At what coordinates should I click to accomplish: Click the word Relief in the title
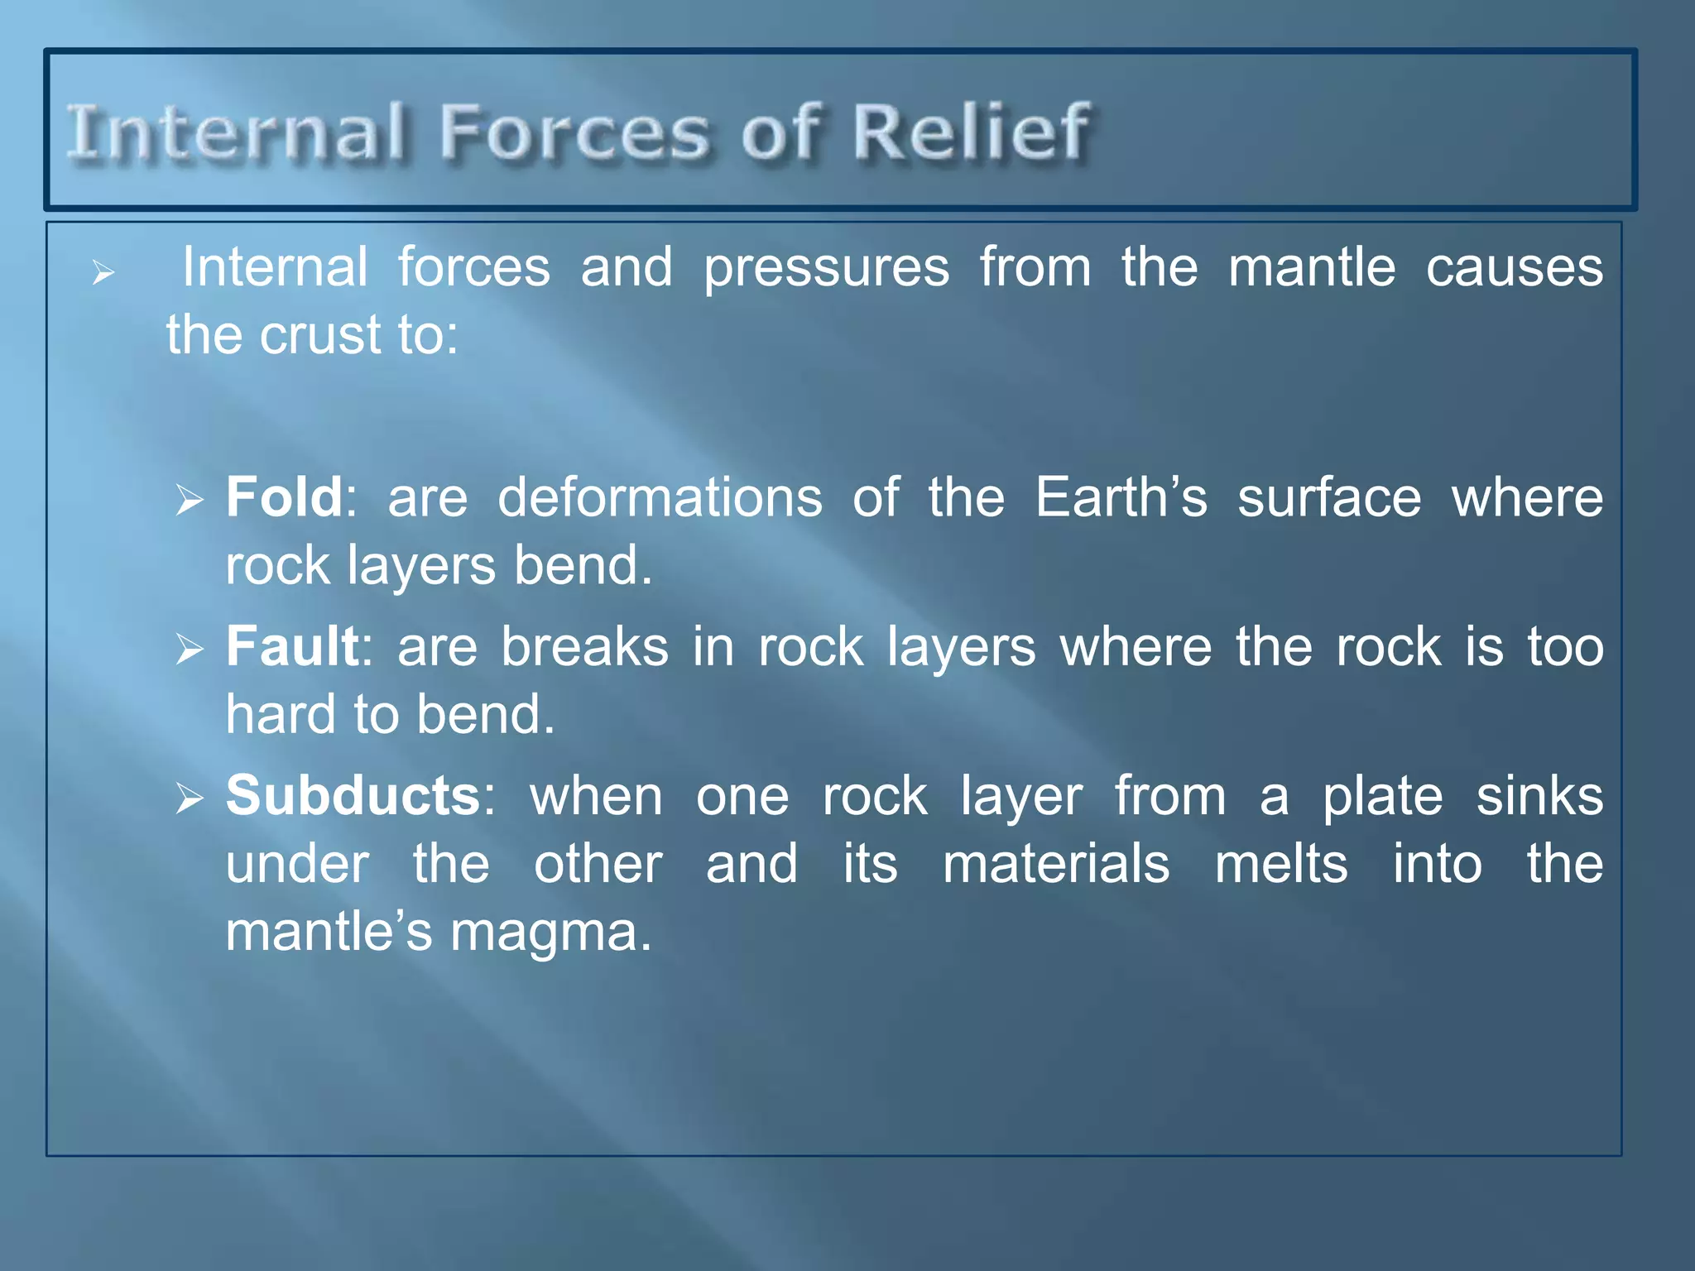point(971,132)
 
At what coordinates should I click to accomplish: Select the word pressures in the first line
point(826,269)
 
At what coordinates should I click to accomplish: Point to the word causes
point(1514,269)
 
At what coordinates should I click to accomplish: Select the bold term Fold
point(284,497)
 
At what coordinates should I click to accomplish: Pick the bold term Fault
point(292,646)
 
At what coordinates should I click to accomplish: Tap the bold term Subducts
point(353,796)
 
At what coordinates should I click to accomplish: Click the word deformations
point(660,498)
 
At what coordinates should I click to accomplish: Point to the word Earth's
point(1121,497)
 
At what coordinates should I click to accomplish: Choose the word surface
point(1329,498)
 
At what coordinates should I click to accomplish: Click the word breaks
point(584,647)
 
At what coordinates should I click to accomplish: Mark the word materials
point(1056,864)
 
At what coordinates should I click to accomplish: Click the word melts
point(1280,864)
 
